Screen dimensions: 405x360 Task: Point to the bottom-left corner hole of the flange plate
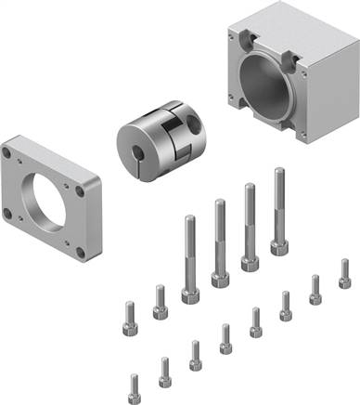(9, 212)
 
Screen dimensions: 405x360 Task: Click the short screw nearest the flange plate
(129, 317)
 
